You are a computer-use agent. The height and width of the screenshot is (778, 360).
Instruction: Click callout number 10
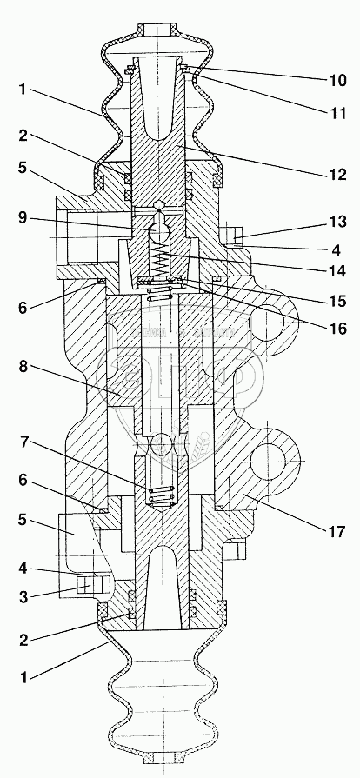337,80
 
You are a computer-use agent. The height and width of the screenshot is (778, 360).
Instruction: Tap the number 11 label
337,113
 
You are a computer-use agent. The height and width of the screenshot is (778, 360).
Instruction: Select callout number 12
337,175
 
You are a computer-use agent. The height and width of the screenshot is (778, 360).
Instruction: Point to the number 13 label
337,222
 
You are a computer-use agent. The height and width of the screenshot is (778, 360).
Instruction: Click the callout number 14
337,272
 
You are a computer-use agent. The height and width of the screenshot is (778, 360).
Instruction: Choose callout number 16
337,329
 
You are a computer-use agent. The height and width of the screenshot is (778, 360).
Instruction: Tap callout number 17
337,532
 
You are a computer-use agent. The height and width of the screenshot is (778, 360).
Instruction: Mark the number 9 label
23,216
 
